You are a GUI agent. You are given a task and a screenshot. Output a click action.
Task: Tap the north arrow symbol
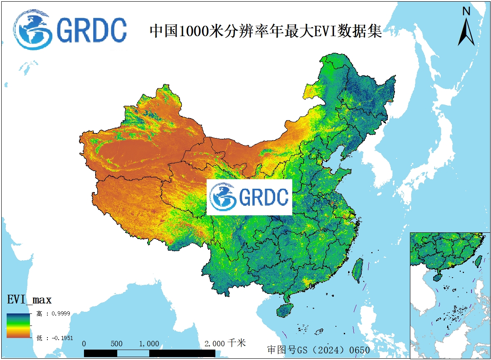click(x=466, y=32)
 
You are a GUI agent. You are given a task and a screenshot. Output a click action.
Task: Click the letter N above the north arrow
click(x=466, y=11)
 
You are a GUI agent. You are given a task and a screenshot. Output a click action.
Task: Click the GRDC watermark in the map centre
click(x=249, y=197)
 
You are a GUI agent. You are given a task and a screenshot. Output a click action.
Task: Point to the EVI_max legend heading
click(x=30, y=300)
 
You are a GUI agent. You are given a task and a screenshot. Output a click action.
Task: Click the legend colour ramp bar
click(x=18, y=325)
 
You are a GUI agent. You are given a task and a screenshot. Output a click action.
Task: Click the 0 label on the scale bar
click(x=84, y=344)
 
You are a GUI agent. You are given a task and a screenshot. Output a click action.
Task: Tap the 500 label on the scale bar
click(x=117, y=344)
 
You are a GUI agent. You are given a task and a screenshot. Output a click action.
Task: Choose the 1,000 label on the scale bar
click(x=149, y=344)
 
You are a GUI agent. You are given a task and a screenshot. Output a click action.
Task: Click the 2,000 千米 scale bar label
click(x=225, y=343)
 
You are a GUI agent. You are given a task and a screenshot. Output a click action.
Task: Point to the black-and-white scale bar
click(x=150, y=353)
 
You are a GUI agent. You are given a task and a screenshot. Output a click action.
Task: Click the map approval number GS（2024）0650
click(x=318, y=350)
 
